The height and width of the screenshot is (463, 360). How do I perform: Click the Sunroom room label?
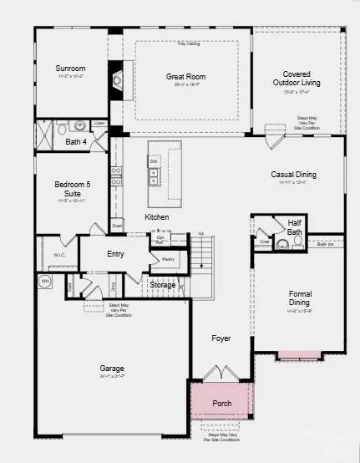click(71, 68)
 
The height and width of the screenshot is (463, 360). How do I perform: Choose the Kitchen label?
click(157, 216)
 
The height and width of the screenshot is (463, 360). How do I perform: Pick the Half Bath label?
click(294, 226)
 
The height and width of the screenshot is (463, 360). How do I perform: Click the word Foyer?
click(221, 338)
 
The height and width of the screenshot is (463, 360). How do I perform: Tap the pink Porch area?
click(221, 402)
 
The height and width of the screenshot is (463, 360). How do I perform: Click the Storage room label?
click(163, 285)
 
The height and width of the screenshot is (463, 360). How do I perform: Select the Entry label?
click(116, 254)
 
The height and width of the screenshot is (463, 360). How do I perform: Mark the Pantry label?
click(168, 259)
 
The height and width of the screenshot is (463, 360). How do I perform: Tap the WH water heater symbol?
click(45, 281)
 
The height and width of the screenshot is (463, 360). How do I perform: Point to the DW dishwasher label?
click(154, 162)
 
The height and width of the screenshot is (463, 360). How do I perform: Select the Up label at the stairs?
click(200, 233)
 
